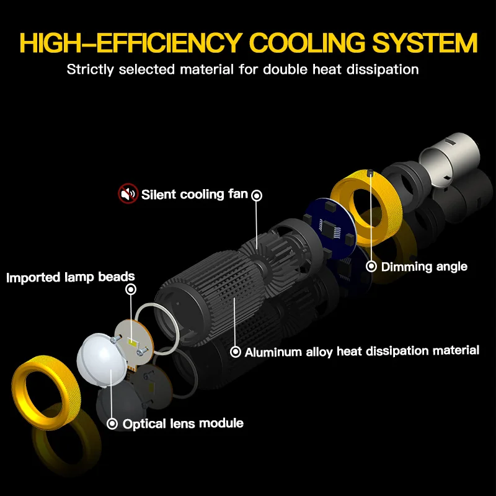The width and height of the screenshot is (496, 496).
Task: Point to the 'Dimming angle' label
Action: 424,267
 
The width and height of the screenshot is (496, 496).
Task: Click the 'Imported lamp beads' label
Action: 71,277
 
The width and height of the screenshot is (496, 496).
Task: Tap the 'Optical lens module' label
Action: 183,424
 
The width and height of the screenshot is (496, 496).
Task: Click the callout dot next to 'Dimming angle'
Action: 371,267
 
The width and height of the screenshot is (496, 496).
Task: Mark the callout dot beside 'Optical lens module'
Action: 112,424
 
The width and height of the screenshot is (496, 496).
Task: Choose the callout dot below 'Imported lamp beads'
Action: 130,290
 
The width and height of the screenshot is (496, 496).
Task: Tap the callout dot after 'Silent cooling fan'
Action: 256,195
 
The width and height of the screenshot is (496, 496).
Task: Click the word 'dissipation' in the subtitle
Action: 384,69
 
